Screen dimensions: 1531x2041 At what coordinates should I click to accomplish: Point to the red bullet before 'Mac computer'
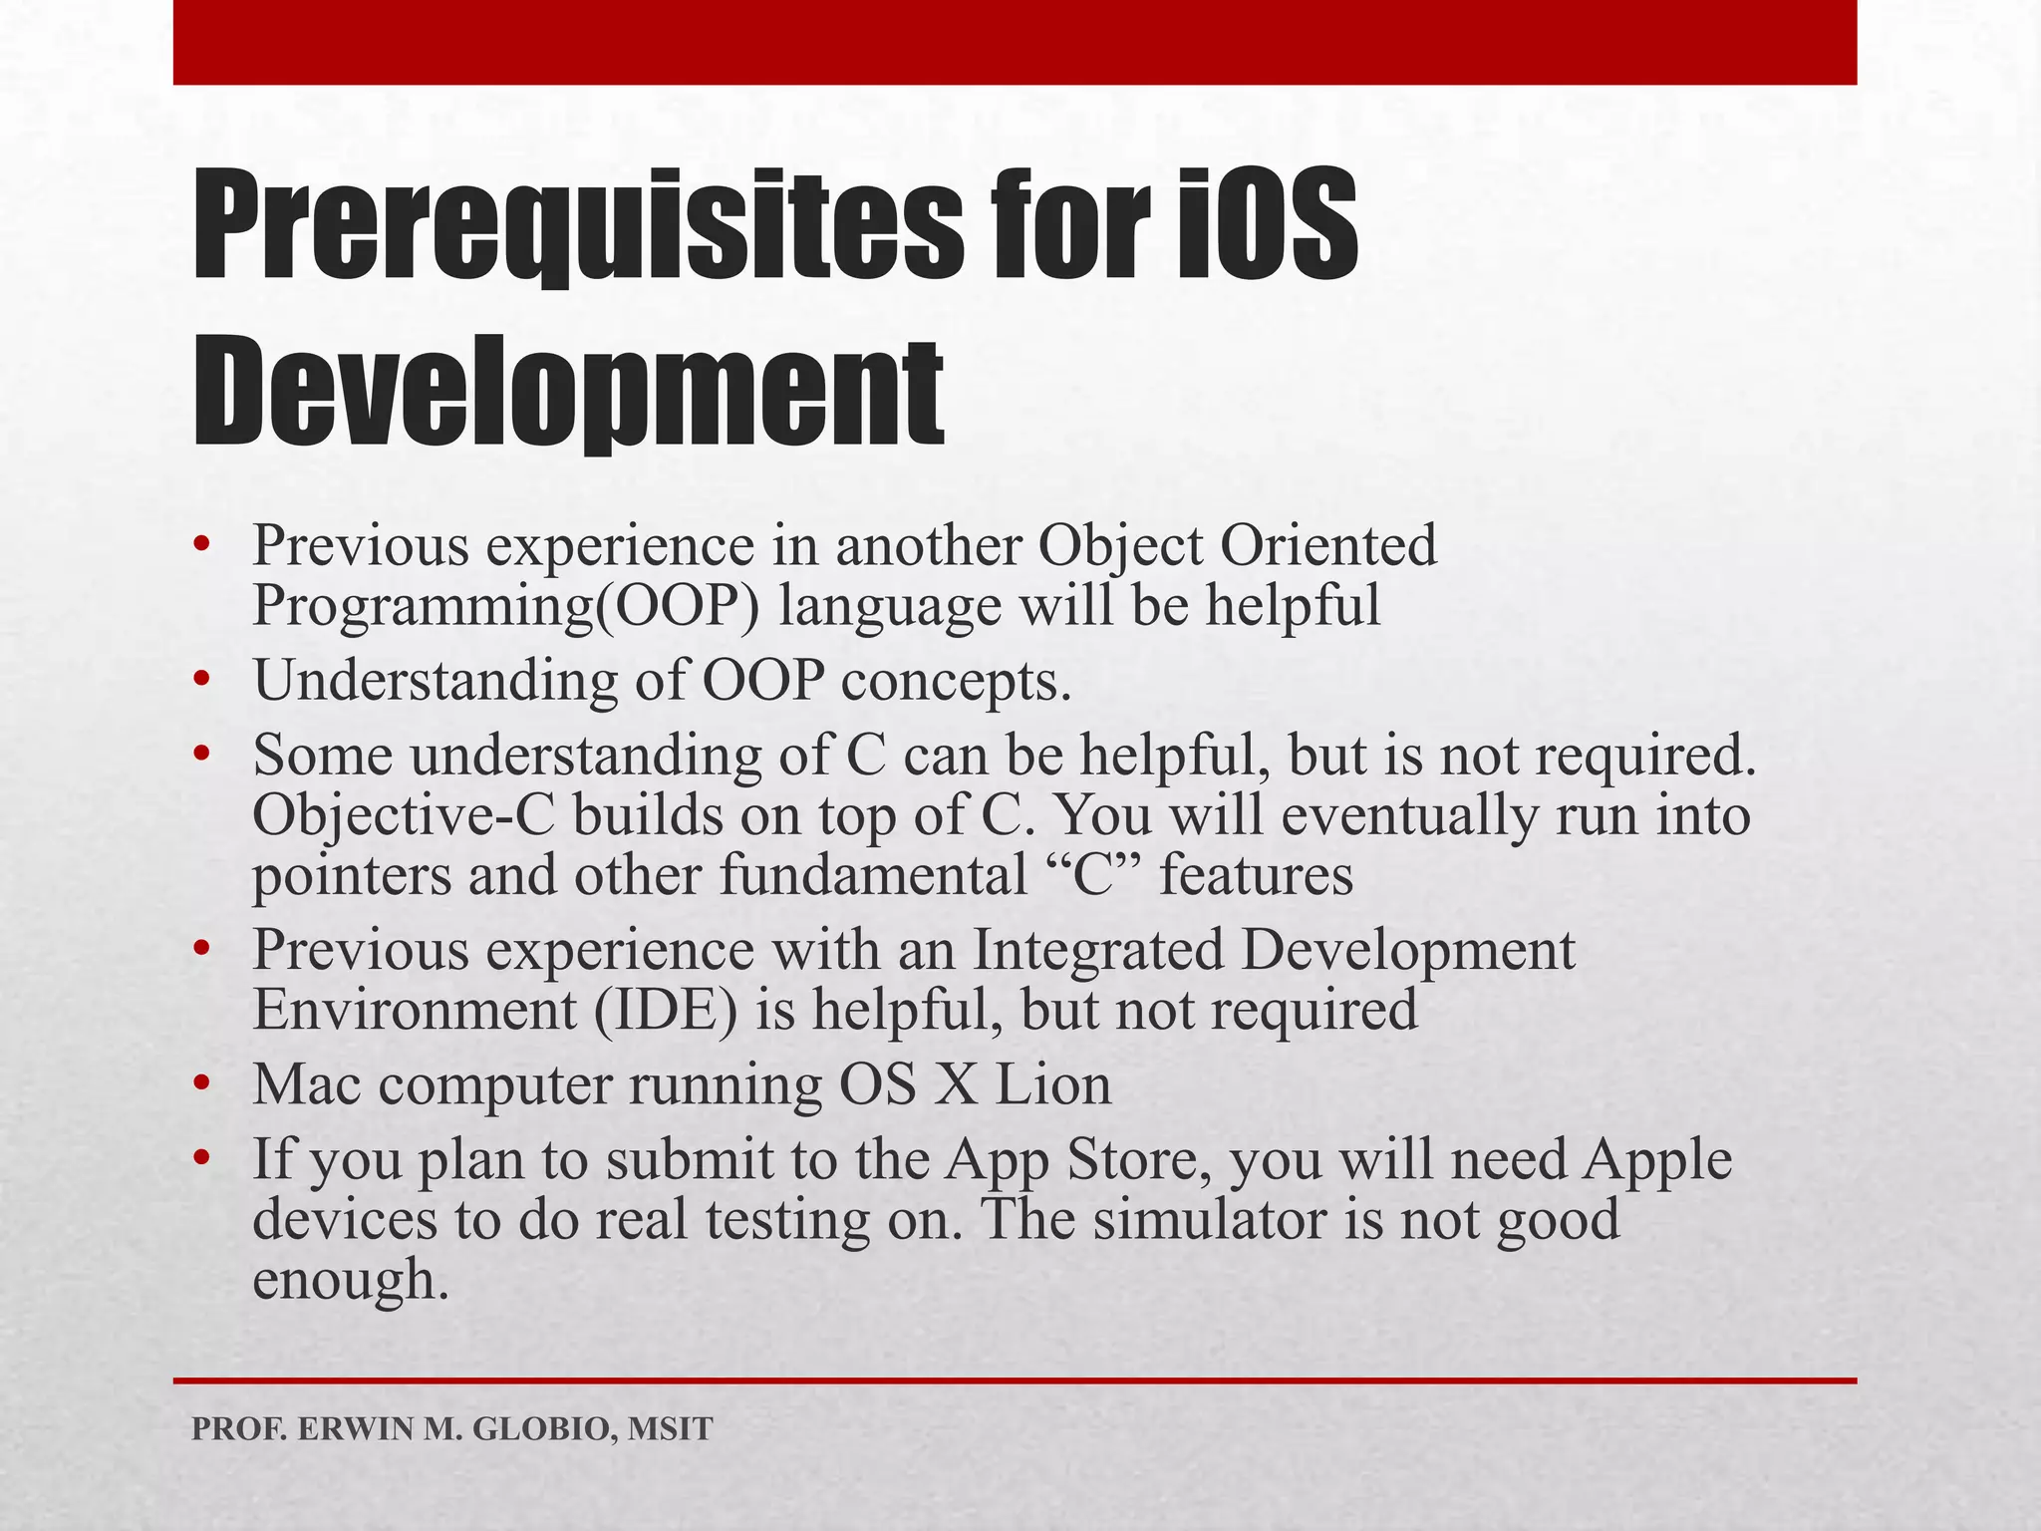[203, 1083]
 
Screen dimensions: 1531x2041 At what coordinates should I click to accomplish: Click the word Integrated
[1097, 950]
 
